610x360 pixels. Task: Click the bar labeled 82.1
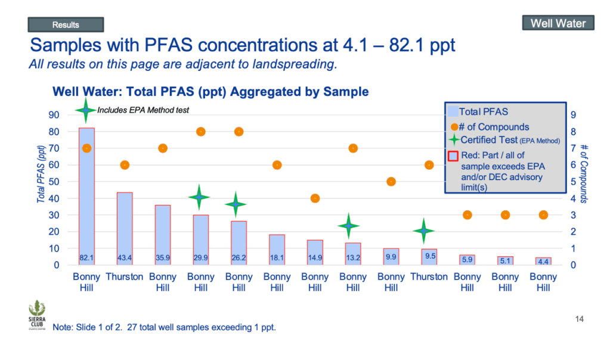[x=86, y=196]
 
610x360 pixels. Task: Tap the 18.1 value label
[x=277, y=258]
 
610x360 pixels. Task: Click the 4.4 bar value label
[x=543, y=260]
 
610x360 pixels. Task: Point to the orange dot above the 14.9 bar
[x=315, y=198]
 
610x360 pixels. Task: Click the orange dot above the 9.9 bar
[x=391, y=182]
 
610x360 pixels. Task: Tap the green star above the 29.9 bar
[x=200, y=197]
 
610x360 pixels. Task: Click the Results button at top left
[x=66, y=24]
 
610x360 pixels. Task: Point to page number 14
[x=578, y=319]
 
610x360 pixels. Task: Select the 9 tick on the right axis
[x=573, y=115]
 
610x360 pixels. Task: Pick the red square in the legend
[x=453, y=156]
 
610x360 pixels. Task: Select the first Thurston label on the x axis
[x=125, y=277]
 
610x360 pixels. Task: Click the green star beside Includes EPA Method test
[x=86, y=110]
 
